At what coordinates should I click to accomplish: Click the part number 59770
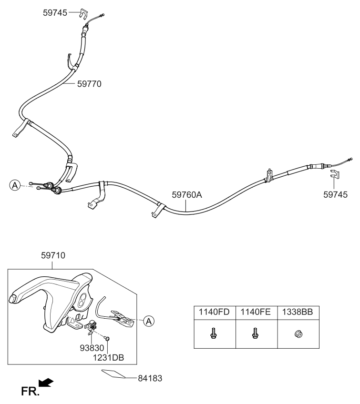click(89, 83)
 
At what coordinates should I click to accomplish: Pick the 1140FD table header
click(214, 313)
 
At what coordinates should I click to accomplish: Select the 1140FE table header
click(256, 313)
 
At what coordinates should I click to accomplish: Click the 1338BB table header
click(298, 313)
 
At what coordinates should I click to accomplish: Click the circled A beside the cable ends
click(15, 185)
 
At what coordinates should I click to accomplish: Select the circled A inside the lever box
click(149, 321)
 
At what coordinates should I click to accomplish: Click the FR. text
click(30, 392)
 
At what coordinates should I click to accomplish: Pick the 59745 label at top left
click(55, 13)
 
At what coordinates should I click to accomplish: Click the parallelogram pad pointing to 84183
click(114, 374)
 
